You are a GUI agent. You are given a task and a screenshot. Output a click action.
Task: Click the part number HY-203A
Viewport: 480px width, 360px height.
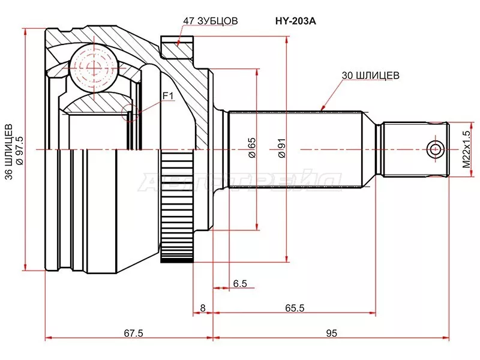[x=295, y=20]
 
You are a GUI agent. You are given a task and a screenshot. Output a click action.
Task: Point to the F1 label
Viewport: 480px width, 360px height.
[x=167, y=95]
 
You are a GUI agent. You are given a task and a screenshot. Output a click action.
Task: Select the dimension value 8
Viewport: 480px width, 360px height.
[x=203, y=308]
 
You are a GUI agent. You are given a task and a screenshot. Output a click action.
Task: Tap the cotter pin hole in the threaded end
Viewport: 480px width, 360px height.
[x=434, y=149]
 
